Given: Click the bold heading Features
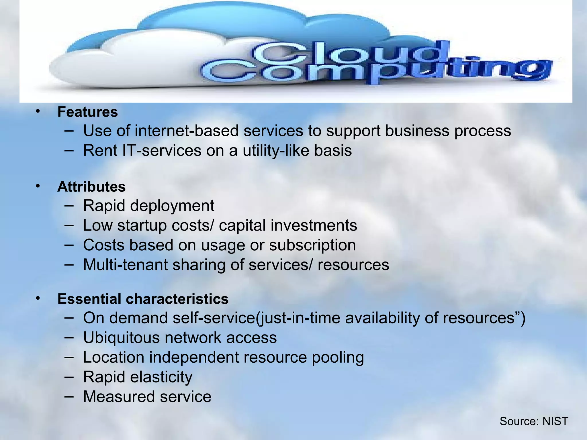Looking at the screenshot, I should pos(87,112).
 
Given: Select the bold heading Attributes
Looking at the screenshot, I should pos(91,187).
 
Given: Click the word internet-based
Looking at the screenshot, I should pos(187,131).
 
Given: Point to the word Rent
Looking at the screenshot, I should pos(100,150).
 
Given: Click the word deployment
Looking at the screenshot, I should pos(172,206).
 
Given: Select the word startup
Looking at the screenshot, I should pos(142,225).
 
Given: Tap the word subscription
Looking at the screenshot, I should pos(312,245).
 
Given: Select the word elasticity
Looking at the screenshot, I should pos(161,377).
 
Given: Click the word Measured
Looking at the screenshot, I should pos(119,397).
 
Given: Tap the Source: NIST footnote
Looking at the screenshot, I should pos(534,421).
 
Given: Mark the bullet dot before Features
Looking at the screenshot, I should pos(38,111).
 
